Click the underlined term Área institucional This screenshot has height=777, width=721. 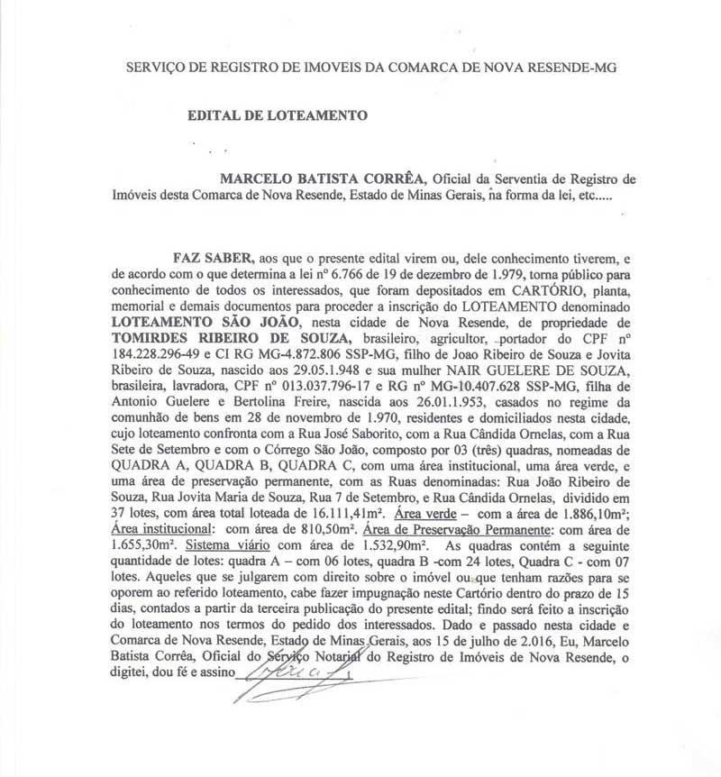(163, 532)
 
